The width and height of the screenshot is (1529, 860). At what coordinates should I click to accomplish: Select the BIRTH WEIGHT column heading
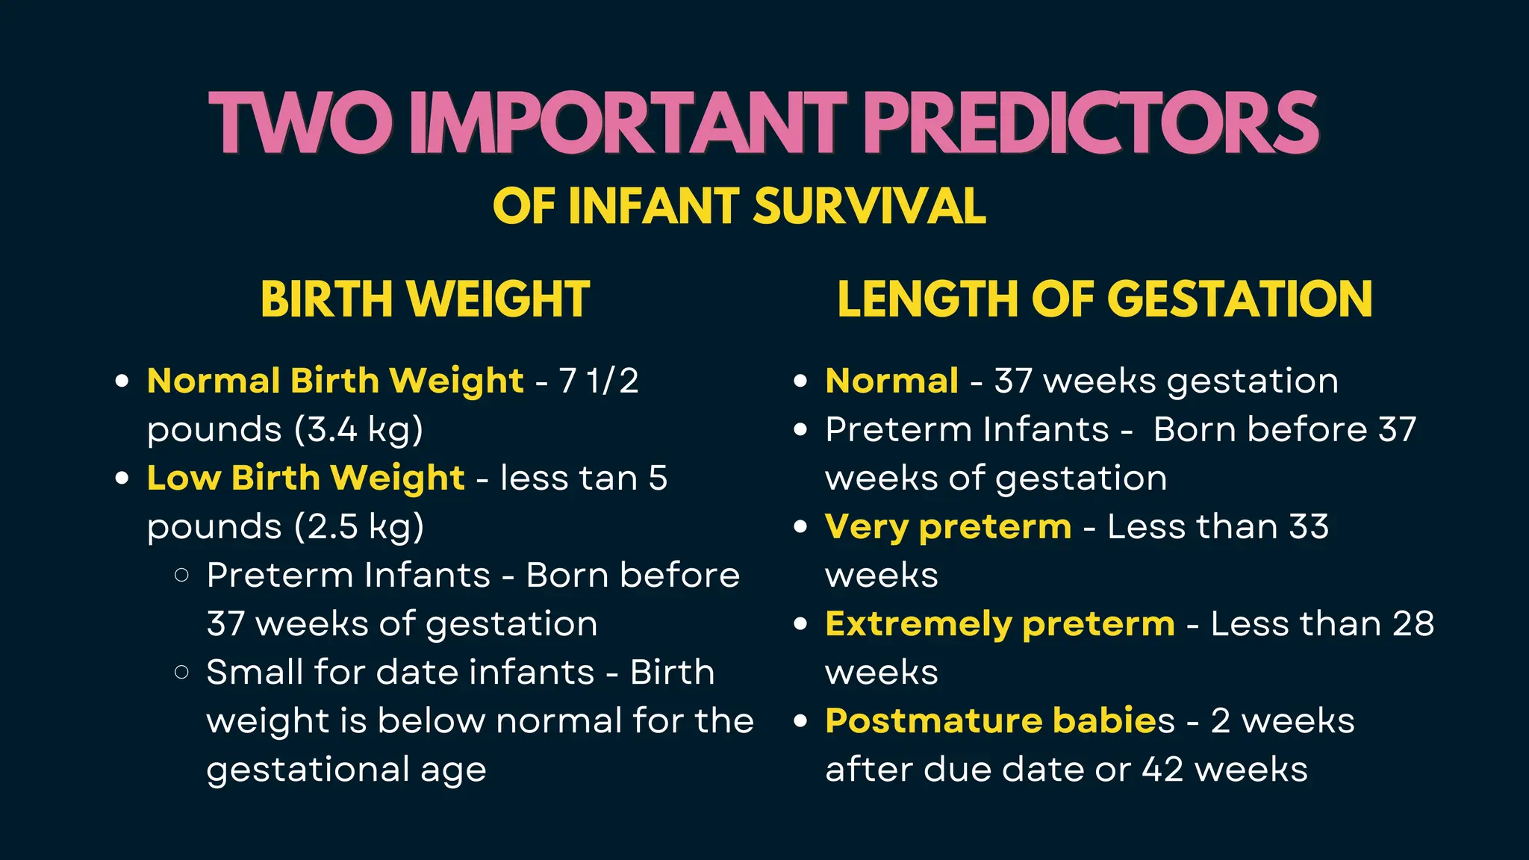[x=425, y=299]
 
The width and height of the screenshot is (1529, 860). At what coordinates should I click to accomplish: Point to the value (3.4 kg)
[x=358, y=430]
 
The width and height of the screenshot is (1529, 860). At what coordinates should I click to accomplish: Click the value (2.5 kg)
[x=359, y=527]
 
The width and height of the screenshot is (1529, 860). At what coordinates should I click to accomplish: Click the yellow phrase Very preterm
[x=948, y=527]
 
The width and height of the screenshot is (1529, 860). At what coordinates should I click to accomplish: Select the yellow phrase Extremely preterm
[x=1000, y=624]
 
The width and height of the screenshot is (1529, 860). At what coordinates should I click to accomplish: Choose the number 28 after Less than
[x=1413, y=624]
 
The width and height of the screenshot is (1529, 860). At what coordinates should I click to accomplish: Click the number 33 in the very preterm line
[x=1308, y=527]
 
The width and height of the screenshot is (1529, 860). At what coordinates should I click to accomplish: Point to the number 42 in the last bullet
[x=1162, y=770]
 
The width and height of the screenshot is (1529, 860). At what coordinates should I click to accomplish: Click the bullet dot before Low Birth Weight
[x=122, y=479]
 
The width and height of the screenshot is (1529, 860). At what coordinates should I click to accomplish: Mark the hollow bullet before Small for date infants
[x=181, y=672]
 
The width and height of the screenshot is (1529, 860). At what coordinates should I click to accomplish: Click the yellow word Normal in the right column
[x=891, y=381]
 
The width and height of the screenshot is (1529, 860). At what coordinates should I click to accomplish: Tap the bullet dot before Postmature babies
[x=801, y=721]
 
